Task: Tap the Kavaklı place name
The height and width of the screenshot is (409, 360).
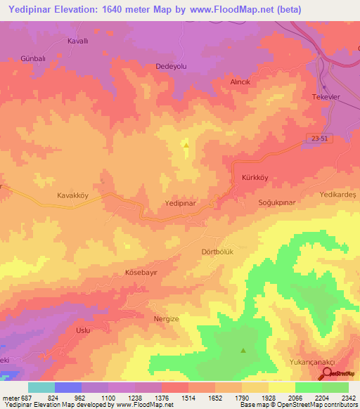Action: pyautogui.click(x=77, y=41)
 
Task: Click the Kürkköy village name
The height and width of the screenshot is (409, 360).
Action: pyautogui.click(x=255, y=178)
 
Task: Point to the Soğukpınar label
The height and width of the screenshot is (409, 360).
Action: pyautogui.click(x=275, y=202)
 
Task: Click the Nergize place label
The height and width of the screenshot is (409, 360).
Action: pyautogui.click(x=167, y=318)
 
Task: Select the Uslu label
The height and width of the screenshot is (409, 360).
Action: pyautogui.click(x=83, y=330)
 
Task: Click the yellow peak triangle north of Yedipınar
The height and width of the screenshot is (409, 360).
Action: pyautogui.click(x=186, y=144)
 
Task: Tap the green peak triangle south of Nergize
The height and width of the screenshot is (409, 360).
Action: pyautogui.click(x=243, y=350)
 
